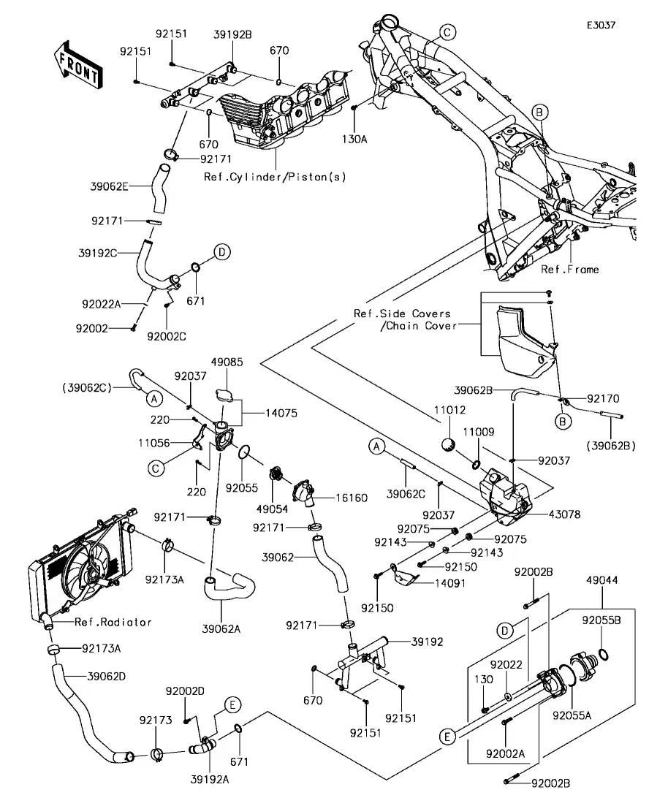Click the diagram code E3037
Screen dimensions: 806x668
click(x=601, y=24)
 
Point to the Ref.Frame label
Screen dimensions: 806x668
click(x=570, y=270)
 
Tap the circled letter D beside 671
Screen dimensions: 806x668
click(x=222, y=253)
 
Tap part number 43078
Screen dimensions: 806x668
click(x=565, y=514)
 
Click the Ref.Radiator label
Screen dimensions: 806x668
click(x=113, y=623)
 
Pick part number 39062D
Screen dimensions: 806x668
click(x=106, y=676)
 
